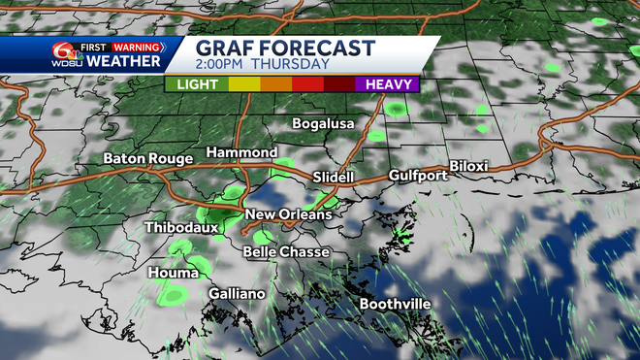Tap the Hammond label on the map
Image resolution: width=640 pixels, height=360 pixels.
point(241,153)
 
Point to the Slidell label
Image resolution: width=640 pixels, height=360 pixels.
point(334,179)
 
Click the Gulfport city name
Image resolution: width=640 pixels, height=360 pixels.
point(418,176)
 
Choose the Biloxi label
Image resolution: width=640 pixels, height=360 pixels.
point(468,166)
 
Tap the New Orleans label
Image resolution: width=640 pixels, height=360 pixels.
point(288,214)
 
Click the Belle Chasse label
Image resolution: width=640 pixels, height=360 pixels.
point(286,252)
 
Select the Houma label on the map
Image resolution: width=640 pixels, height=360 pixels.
point(174,274)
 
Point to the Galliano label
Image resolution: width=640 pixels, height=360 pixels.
point(237,294)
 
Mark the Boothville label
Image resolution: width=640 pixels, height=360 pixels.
point(395,305)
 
